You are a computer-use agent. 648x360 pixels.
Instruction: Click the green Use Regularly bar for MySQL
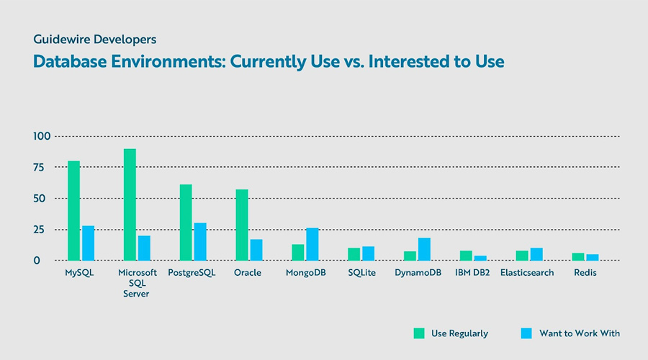(x=73, y=210)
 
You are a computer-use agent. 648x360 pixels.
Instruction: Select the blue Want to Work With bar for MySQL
(x=88, y=243)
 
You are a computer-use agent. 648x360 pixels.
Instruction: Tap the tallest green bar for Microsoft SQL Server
(x=130, y=204)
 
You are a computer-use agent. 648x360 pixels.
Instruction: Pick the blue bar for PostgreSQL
(x=200, y=241)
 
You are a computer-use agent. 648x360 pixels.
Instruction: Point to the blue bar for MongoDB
(x=312, y=244)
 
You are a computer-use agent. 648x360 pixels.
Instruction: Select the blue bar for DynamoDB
(x=424, y=249)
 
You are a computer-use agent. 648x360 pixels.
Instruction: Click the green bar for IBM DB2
(x=466, y=256)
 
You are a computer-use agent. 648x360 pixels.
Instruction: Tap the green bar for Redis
(x=578, y=256)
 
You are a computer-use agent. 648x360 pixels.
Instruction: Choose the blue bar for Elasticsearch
(x=536, y=254)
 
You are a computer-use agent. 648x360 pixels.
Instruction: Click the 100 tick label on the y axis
(x=42, y=136)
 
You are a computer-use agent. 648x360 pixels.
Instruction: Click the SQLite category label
(x=361, y=274)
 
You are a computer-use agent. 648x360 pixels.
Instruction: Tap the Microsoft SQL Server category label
(x=137, y=284)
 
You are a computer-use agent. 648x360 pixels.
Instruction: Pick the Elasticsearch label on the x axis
(x=527, y=274)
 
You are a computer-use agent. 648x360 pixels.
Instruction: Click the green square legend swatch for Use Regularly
(x=419, y=333)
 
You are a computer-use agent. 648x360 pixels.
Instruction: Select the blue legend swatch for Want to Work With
(x=526, y=333)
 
